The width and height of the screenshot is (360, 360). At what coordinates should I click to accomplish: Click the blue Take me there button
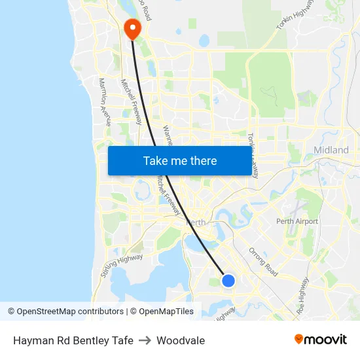pos(179,160)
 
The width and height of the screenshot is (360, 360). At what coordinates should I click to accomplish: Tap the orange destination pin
pos(132,27)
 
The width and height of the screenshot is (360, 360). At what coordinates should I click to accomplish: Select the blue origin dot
pos(228,280)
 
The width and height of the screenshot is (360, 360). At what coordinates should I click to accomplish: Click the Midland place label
pos(331,150)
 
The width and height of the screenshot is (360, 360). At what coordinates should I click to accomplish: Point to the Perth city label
pos(196,223)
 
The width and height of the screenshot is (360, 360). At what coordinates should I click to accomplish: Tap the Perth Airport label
pos(297,221)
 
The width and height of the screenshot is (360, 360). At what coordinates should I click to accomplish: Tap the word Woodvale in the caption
pos(181,340)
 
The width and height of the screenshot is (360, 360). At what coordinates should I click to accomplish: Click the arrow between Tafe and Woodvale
pos(145,340)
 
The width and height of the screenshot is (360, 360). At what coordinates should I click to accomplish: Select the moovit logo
pos(320,339)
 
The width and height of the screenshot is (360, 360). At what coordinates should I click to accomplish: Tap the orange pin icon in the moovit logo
pos(299,339)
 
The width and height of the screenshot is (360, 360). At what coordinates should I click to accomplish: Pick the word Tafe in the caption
pos(122,340)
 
